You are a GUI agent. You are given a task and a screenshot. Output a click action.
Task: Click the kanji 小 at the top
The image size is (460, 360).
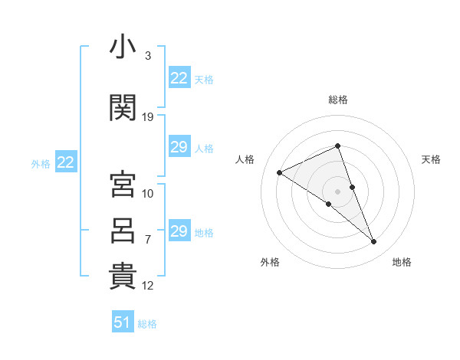[123, 46]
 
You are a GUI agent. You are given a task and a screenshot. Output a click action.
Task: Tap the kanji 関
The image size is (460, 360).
[123, 107]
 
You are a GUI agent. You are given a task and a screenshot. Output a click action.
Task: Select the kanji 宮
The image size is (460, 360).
[123, 184]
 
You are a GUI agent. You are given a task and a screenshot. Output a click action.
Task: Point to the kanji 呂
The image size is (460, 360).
[123, 231]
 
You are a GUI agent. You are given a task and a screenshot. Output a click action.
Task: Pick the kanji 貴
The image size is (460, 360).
[123, 276]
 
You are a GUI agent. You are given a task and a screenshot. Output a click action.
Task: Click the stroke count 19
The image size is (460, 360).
[147, 117]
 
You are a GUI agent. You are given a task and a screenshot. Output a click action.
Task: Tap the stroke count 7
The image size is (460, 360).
[148, 240]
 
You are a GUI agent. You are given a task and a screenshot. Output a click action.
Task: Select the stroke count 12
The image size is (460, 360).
[147, 286]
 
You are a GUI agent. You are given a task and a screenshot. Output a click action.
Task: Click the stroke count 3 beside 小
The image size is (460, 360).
[148, 56]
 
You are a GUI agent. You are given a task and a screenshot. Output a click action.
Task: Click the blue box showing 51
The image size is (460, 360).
[123, 321]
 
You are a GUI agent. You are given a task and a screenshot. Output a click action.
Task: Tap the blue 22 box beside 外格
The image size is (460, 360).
[66, 162]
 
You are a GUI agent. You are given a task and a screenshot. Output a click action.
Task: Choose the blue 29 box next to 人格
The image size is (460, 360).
[180, 146]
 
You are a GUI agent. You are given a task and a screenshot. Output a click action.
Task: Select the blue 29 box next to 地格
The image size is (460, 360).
[180, 230]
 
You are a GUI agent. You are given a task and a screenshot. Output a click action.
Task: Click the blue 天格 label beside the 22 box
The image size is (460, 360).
[204, 80]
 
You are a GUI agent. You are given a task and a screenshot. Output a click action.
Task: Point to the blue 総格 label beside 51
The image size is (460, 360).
[147, 324]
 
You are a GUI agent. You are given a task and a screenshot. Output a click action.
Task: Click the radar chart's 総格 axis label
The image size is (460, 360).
[338, 100]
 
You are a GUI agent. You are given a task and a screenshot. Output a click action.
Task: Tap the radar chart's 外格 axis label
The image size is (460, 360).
[270, 262]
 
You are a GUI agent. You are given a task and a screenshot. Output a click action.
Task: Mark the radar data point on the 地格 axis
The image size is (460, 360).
[374, 242]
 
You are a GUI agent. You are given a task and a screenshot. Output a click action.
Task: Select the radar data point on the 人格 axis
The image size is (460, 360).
[280, 172]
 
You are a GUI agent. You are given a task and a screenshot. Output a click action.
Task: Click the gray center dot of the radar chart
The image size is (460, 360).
[337, 191]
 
